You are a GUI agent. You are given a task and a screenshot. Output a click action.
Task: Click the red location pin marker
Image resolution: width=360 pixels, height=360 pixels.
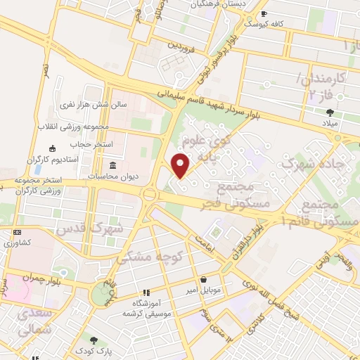tap(181, 165)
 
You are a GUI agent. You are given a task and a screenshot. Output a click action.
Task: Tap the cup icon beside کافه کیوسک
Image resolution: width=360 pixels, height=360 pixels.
tap(264, 14)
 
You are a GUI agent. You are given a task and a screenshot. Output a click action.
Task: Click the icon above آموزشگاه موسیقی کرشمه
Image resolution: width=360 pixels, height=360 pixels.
tap(146, 292)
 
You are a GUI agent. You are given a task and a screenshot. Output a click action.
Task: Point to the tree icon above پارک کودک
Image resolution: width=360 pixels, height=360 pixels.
tap(94, 339)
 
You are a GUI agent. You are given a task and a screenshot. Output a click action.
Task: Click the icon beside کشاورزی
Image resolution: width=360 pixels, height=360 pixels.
tap(17, 232)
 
